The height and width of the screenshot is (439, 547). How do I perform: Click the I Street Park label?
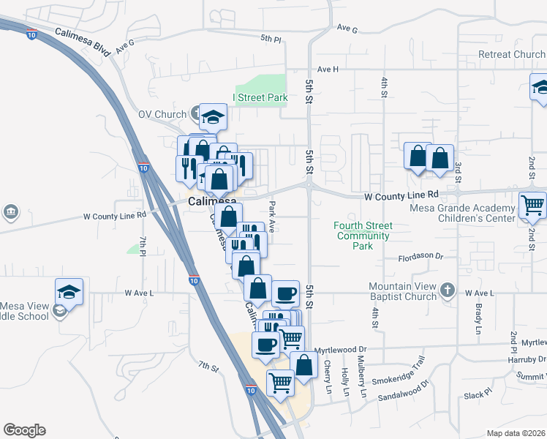(x=260, y=97)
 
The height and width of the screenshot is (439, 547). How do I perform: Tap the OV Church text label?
(x=162, y=114)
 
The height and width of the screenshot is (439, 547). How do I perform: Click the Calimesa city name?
(x=212, y=201)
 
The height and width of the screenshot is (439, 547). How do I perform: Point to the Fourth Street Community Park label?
(x=363, y=236)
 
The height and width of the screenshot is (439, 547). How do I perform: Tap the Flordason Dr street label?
(x=421, y=257)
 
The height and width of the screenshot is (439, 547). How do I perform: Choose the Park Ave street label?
(x=272, y=217)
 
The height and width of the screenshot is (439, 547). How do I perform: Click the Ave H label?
(x=328, y=69)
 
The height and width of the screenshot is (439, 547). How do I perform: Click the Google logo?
(x=24, y=430)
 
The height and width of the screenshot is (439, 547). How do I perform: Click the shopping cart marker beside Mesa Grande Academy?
(x=533, y=206)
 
